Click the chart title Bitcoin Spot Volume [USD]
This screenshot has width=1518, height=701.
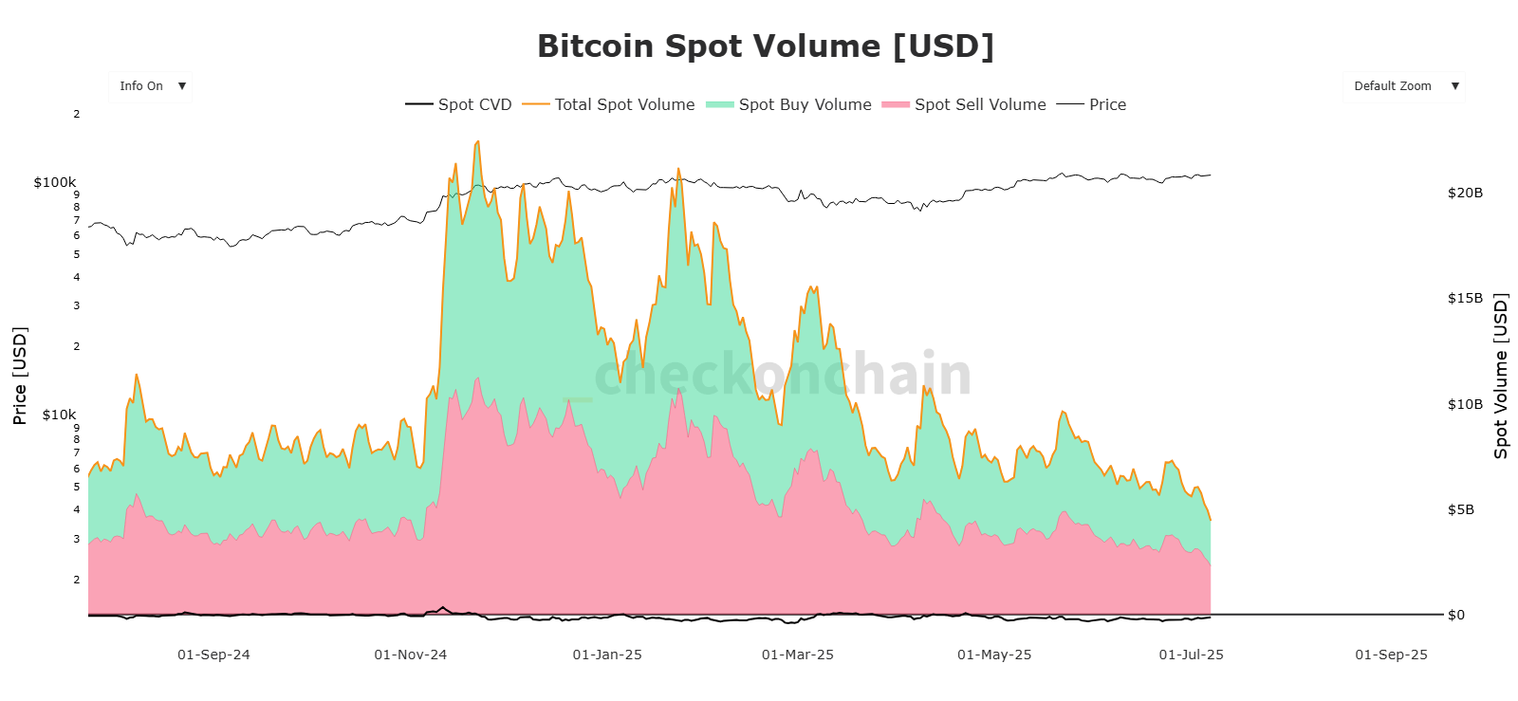[765, 46]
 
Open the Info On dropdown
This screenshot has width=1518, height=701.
[151, 86]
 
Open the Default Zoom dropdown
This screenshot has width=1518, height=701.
[1403, 86]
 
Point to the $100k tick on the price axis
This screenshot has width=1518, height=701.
[55, 182]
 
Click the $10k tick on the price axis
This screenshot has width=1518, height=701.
[59, 415]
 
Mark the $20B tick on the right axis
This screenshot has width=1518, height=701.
[1465, 193]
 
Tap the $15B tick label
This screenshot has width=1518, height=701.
[1465, 298]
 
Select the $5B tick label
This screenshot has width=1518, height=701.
[1461, 509]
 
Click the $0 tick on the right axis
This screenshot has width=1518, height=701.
[1456, 615]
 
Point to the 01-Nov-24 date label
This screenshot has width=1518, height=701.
[410, 655]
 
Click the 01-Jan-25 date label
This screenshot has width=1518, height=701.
[607, 655]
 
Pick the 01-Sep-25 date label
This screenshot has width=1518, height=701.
[1391, 655]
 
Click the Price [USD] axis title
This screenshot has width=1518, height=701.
[20, 375]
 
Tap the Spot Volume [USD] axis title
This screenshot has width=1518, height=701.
[1500, 376]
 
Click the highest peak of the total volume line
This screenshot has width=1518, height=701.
[477, 141]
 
